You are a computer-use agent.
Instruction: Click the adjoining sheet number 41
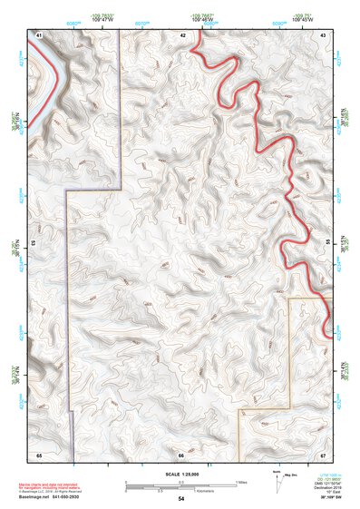pos(39,34)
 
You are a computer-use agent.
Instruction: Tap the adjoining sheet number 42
pos(182,34)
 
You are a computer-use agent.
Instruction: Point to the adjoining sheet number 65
pos(39,454)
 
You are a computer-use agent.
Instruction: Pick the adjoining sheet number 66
pos(180,454)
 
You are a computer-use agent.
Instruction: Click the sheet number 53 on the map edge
pos(34,243)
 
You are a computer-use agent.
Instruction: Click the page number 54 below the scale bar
pos(181,499)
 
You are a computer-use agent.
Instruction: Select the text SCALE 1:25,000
pos(180,475)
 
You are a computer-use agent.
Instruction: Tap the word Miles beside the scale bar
pos(241,481)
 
